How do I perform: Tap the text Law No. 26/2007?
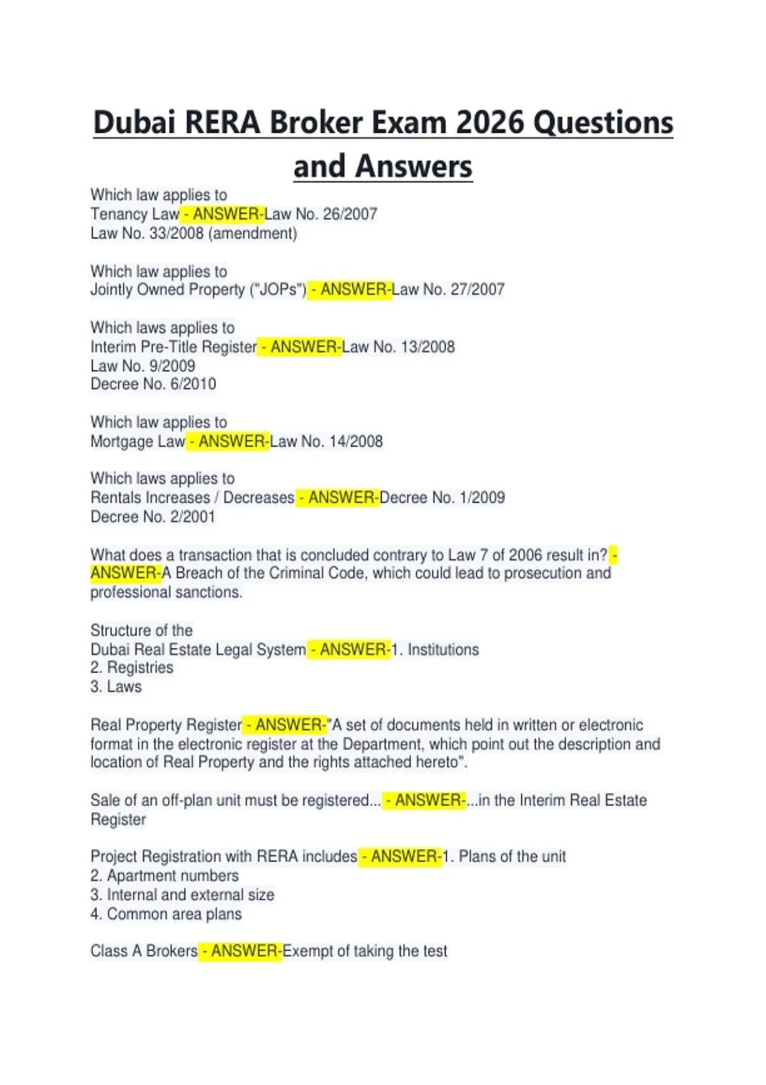pos(321,214)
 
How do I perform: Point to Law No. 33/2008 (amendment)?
pos(193,233)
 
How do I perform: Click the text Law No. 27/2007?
pos(448,290)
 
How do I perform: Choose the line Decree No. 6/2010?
pos(153,384)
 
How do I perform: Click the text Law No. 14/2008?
pos(326,442)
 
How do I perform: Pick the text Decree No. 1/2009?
pos(442,498)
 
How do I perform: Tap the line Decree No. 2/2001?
pos(153,517)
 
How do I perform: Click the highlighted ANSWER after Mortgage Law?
pos(228,442)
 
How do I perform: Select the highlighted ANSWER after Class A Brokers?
pos(241,951)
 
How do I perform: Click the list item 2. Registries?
pos(131,668)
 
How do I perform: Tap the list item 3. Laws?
pos(116,687)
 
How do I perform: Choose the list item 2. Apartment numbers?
pos(164,876)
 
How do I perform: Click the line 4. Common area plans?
pos(166,914)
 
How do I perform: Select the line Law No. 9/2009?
pos(142,366)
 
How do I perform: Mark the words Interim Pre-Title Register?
pos(173,347)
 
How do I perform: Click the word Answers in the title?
pos(414,167)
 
